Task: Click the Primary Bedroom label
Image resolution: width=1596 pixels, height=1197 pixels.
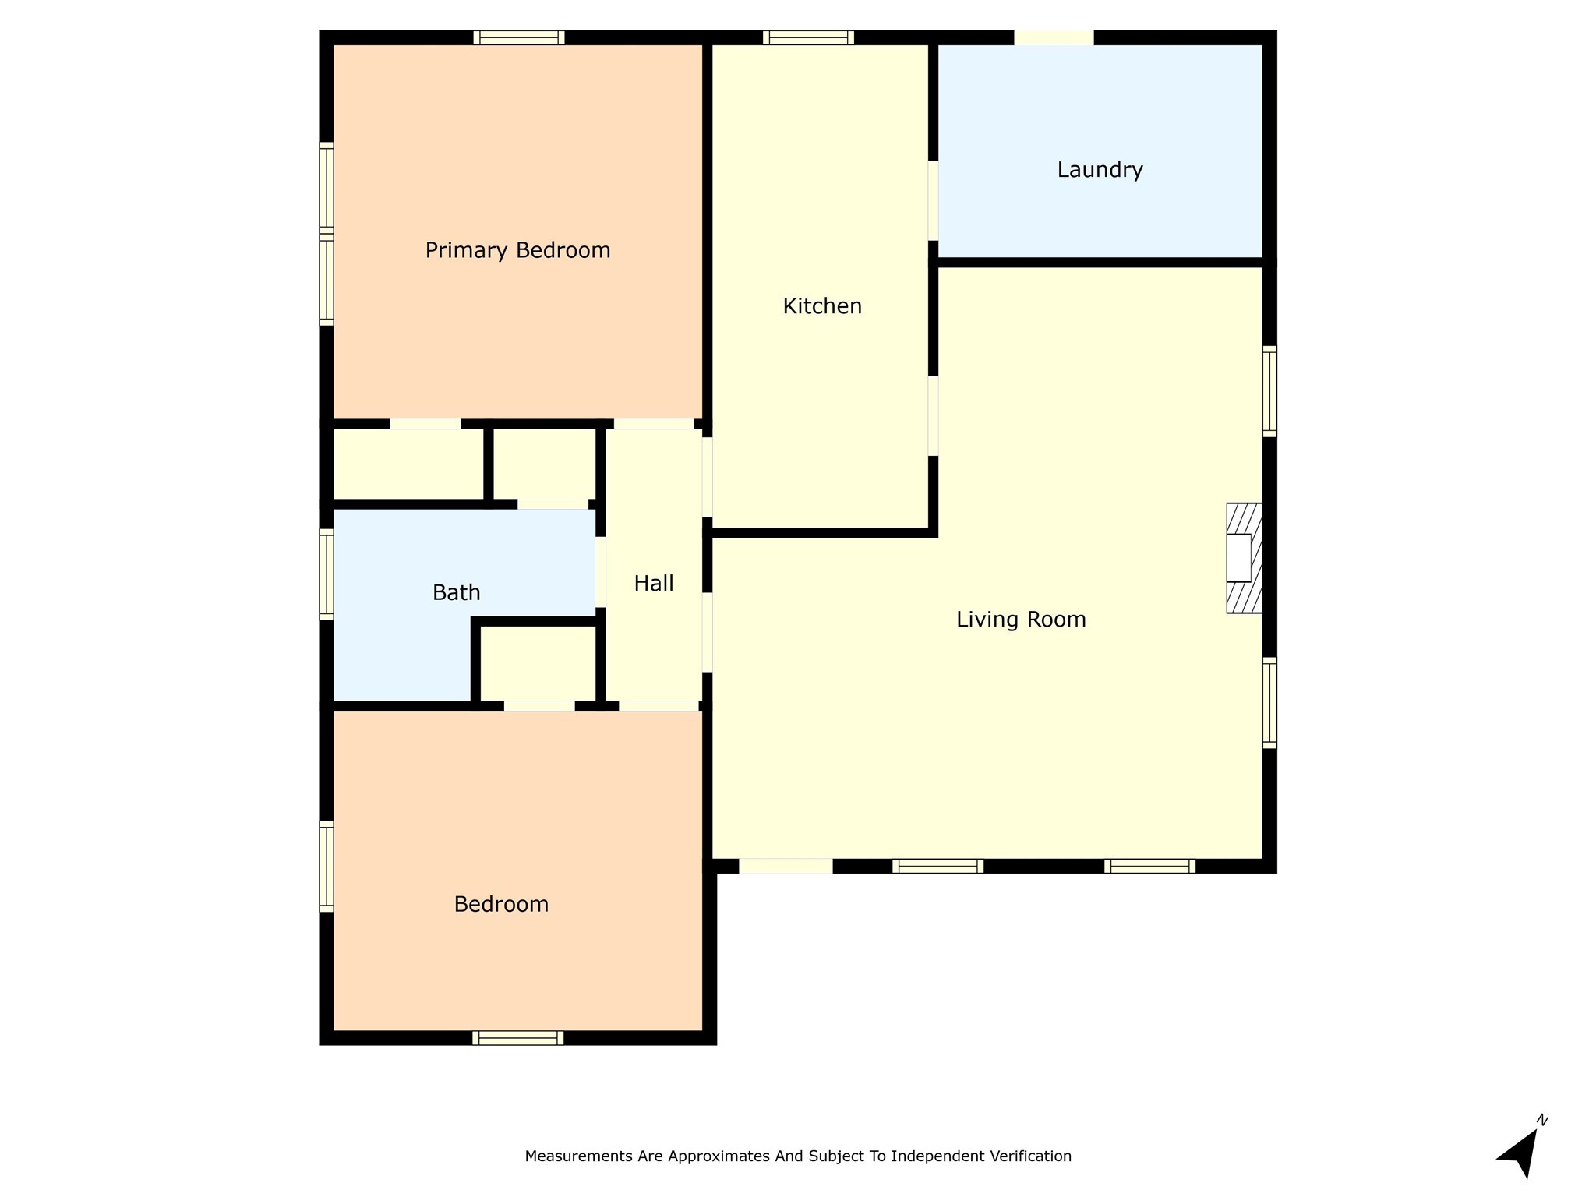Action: tap(517, 250)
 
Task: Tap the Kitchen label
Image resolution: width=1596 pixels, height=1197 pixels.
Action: tap(822, 306)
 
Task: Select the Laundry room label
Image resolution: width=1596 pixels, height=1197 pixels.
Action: tap(1100, 170)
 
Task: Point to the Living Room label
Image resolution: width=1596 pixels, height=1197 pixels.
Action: tap(1021, 620)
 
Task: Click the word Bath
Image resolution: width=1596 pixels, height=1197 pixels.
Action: tap(456, 593)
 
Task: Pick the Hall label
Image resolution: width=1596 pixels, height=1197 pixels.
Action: tap(653, 584)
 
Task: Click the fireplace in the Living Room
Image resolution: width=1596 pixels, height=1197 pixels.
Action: tap(1243, 558)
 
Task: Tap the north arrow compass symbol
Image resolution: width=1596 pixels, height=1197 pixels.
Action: tap(1520, 1154)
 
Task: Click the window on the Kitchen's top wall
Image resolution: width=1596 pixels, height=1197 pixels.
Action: tap(808, 37)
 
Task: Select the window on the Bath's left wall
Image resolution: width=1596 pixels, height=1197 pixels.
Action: tap(327, 574)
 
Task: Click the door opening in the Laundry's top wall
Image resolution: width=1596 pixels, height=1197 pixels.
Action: tap(1054, 37)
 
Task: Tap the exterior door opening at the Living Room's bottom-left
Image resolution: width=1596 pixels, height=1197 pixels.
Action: tap(786, 866)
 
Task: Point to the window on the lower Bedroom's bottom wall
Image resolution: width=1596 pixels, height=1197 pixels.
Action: tap(517, 1037)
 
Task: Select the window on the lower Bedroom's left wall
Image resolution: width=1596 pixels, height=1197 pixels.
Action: tap(327, 866)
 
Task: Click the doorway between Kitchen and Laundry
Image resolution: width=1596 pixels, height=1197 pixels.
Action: tap(933, 201)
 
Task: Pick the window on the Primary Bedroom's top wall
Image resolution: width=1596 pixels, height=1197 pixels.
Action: tap(518, 37)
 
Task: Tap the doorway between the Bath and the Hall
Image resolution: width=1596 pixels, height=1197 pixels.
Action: tap(600, 571)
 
